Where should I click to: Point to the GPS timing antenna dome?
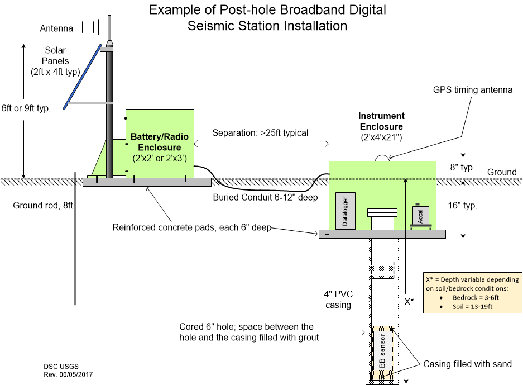(x=382, y=158)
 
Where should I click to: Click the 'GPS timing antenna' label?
(x=472, y=90)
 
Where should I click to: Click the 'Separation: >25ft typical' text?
(x=260, y=133)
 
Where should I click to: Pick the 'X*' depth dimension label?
(x=409, y=302)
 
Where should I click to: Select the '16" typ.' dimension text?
(x=462, y=205)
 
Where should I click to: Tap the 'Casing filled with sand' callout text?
(x=467, y=364)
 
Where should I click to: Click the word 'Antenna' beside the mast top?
(x=56, y=28)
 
